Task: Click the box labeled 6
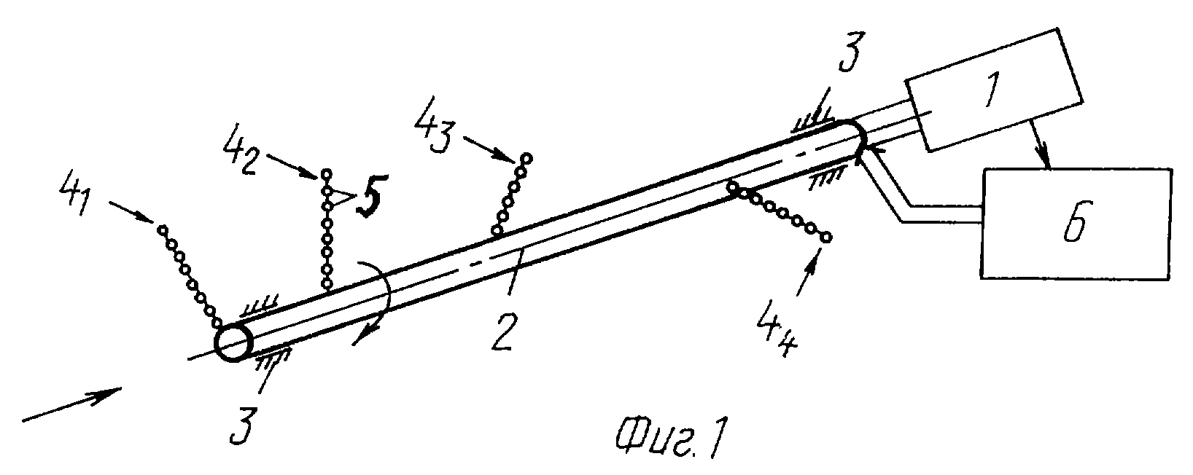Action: [x=1076, y=224]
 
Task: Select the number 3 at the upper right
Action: [x=851, y=52]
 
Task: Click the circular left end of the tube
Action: [x=234, y=342]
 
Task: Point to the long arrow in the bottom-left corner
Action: [x=72, y=405]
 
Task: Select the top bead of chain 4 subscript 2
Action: [x=327, y=174]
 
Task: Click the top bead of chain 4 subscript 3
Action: [x=526, y=158]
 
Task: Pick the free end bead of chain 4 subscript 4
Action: [x=825, y=237]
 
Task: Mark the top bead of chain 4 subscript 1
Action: [x=163, y=229]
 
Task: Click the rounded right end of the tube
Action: [x=852, y=137]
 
